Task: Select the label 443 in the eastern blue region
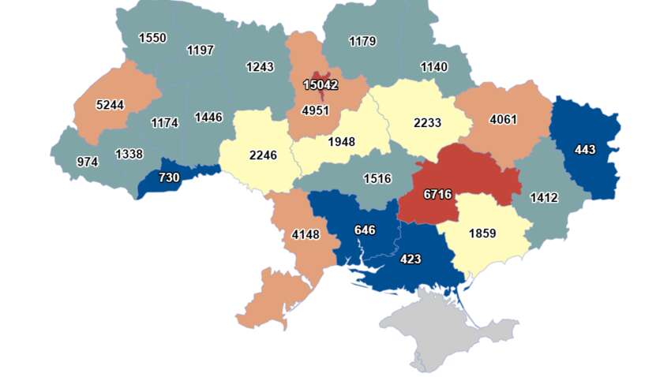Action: [585, 149]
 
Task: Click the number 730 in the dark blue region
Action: [169, 177]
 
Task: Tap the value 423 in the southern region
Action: [410, 259]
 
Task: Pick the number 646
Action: [365, 230]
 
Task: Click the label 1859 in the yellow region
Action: [482, 233]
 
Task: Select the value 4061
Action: [504, 120]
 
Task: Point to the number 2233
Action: [427, 122]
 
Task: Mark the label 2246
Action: [263, 155]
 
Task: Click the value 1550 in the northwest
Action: [152, 37]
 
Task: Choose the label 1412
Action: [544, 197]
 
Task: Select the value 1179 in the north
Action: [362, 41]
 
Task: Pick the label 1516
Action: [377, 178]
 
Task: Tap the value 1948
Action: [341, 142]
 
